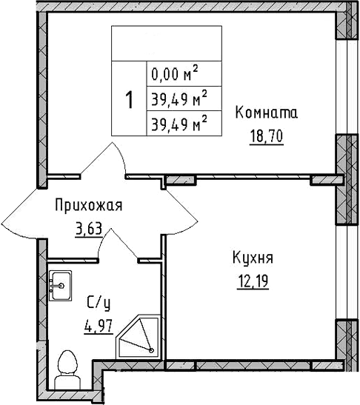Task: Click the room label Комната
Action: click(x=267, y=113)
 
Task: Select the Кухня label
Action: click(x=253, y=258)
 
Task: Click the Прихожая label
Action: click(x=88, y=205)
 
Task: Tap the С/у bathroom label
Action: click(x=99, y=302)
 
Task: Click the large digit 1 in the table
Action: click(x=129, y=99)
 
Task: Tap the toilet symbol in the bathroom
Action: click(x=67, y=367)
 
